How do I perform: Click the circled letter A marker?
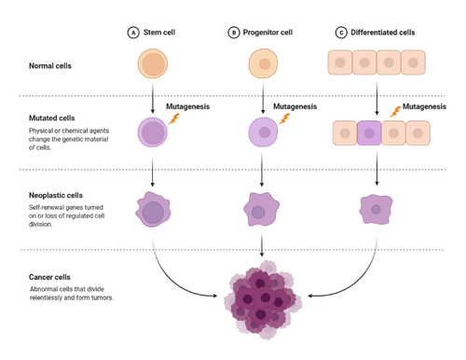pos(133,32)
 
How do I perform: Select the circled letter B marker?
pos(234,32)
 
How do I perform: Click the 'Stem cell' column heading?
pos(161,32)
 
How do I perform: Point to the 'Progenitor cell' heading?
pos(269,32)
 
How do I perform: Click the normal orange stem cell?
pos(152,65)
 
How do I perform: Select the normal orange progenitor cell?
pos(264,65)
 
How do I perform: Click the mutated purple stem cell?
pos(152,131)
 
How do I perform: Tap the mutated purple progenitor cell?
pos(264,132)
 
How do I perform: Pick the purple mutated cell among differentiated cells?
pos(370,132)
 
